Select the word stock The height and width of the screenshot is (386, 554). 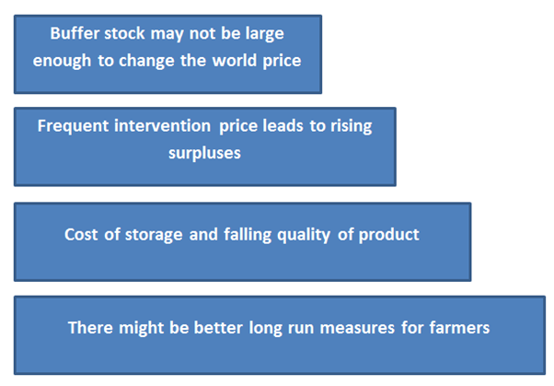click(x=124, y=33)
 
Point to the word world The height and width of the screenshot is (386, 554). click(x=235, y=61)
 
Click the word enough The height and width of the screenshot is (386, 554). click(x=62, y=62)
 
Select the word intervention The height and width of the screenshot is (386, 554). click(x=162, y=126)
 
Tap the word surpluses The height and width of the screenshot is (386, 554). click(x=204, y=154)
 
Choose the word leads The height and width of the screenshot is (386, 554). click(x=283, y=126)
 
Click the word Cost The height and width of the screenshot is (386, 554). click(x=81, y=235)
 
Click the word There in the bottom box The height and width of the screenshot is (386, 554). click(x=90, y=328)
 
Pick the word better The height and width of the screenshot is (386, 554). click(x=218, y=328)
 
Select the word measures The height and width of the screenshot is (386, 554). click(x=357, y=328)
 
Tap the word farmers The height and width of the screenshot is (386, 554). click(x=459, y=328)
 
